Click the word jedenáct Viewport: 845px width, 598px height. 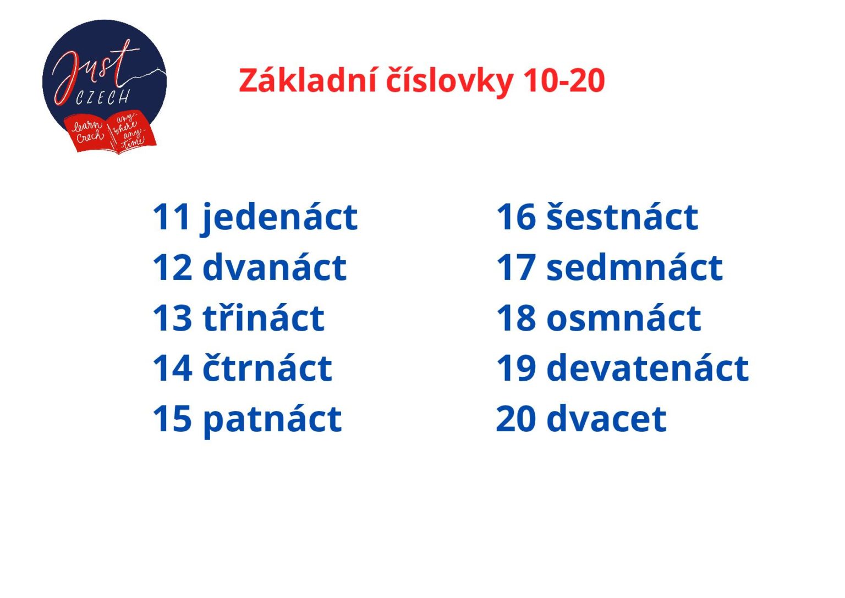click(x=280, y=217)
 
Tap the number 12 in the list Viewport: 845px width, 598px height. click(x=172, y=268)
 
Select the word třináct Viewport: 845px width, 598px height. click(x=264, y=318)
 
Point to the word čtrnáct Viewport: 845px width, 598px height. click(x=267, y=368)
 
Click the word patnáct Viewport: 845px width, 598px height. click(x=272, y=419)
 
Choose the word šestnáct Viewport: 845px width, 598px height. click(x=622, y=217)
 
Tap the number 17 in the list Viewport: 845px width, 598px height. click(x=515, y=268)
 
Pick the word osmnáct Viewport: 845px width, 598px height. click(x=623, y=318)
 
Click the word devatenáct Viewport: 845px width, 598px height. click(x=647, y=368)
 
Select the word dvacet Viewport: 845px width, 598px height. click(x=606, y=419)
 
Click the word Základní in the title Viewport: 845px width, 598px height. click(x=308, y=80)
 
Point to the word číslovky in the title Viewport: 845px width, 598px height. click(x=449, y=80)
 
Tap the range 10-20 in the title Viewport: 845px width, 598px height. click(x=564, y=80)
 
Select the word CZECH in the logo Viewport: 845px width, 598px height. click(x=103, y=98)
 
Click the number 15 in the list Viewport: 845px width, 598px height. click(x=172, y=419)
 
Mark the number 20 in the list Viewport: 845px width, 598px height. click(x=515, y=419)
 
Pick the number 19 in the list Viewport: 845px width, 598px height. click(x=515, y=368)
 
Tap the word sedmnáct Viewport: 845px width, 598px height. click(x=634, y=268)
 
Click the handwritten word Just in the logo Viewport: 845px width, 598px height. click(x=94, y=69)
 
